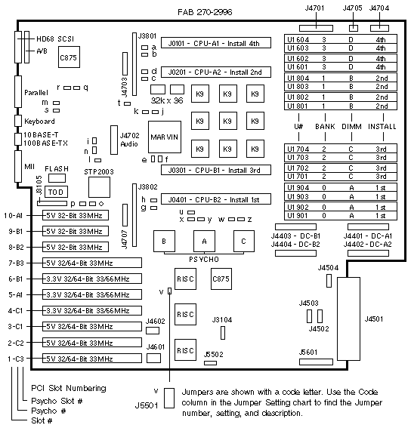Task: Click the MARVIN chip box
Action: [x=165, y=137]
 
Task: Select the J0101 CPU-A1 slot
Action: [x=216, y=43]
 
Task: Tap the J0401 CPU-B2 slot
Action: [x=216, y=199]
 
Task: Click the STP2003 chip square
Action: [x=99, y=187]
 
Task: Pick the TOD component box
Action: [x=56, y=192]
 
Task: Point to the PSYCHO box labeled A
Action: [x=204, y=241]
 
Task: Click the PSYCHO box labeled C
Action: [x=244, y=241]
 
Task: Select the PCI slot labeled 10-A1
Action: [x=76, y=215]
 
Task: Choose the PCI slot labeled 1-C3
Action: [x=92, y=358]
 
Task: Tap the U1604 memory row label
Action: [x=298, y=39]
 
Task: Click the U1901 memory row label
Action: [x=298, y=216]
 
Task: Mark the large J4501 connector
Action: [x=348, y=319]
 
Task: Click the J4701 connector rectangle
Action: [x=316, y=28]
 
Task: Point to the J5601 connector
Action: [x=316, y=362]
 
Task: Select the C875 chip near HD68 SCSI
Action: [x=69, y=57]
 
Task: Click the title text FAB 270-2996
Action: [x=205, y=12]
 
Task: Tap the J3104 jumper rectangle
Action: [x=223, y=333]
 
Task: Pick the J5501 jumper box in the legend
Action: [x=169, y=399]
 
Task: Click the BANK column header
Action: [x=325, y=126]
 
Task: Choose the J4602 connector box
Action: [x=153, y=331]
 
